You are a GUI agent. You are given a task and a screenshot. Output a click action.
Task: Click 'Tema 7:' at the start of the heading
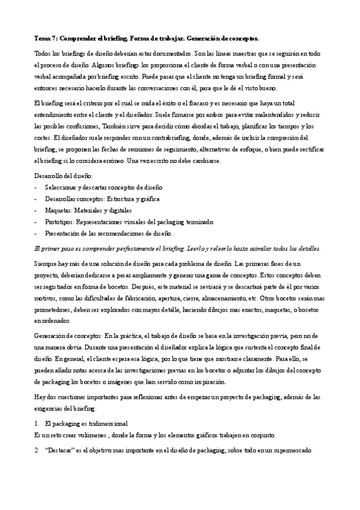pyautogui.click(x=45, y=38)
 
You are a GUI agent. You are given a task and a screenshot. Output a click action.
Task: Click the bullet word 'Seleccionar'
pyautogui.click(x=63, y=188)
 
